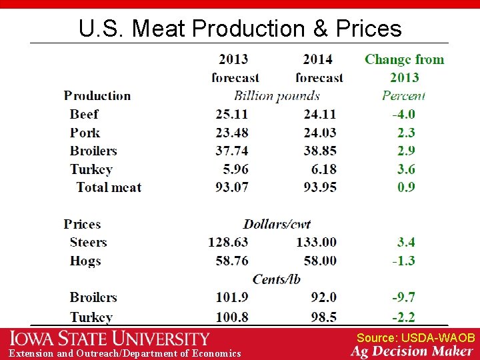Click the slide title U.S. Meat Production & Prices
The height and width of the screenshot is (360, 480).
(240, 29)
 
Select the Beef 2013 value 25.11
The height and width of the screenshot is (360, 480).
(232, 114)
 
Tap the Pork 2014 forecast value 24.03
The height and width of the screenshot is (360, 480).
(319, 133)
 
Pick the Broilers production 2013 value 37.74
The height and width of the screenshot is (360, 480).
(232, 151)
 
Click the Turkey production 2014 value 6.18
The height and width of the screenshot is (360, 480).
(325, 169)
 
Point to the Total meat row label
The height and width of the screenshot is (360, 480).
(109, 187)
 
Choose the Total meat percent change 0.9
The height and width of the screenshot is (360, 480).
(406, 187)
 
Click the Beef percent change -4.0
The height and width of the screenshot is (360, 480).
(403, 114)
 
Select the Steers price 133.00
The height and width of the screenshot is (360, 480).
(317, 242)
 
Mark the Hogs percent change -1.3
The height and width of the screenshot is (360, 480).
(403, 260)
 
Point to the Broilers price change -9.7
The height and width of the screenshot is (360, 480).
(403, 297)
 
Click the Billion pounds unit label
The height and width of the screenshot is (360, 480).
(277, 96)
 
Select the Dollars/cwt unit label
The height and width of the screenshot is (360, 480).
(277, 224)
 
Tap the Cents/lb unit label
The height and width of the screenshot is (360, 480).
(276, 279)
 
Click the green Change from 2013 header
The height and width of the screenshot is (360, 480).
(404, 68)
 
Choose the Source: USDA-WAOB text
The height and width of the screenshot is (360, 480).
(415, 338)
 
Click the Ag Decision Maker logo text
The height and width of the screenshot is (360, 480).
(412, 351)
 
